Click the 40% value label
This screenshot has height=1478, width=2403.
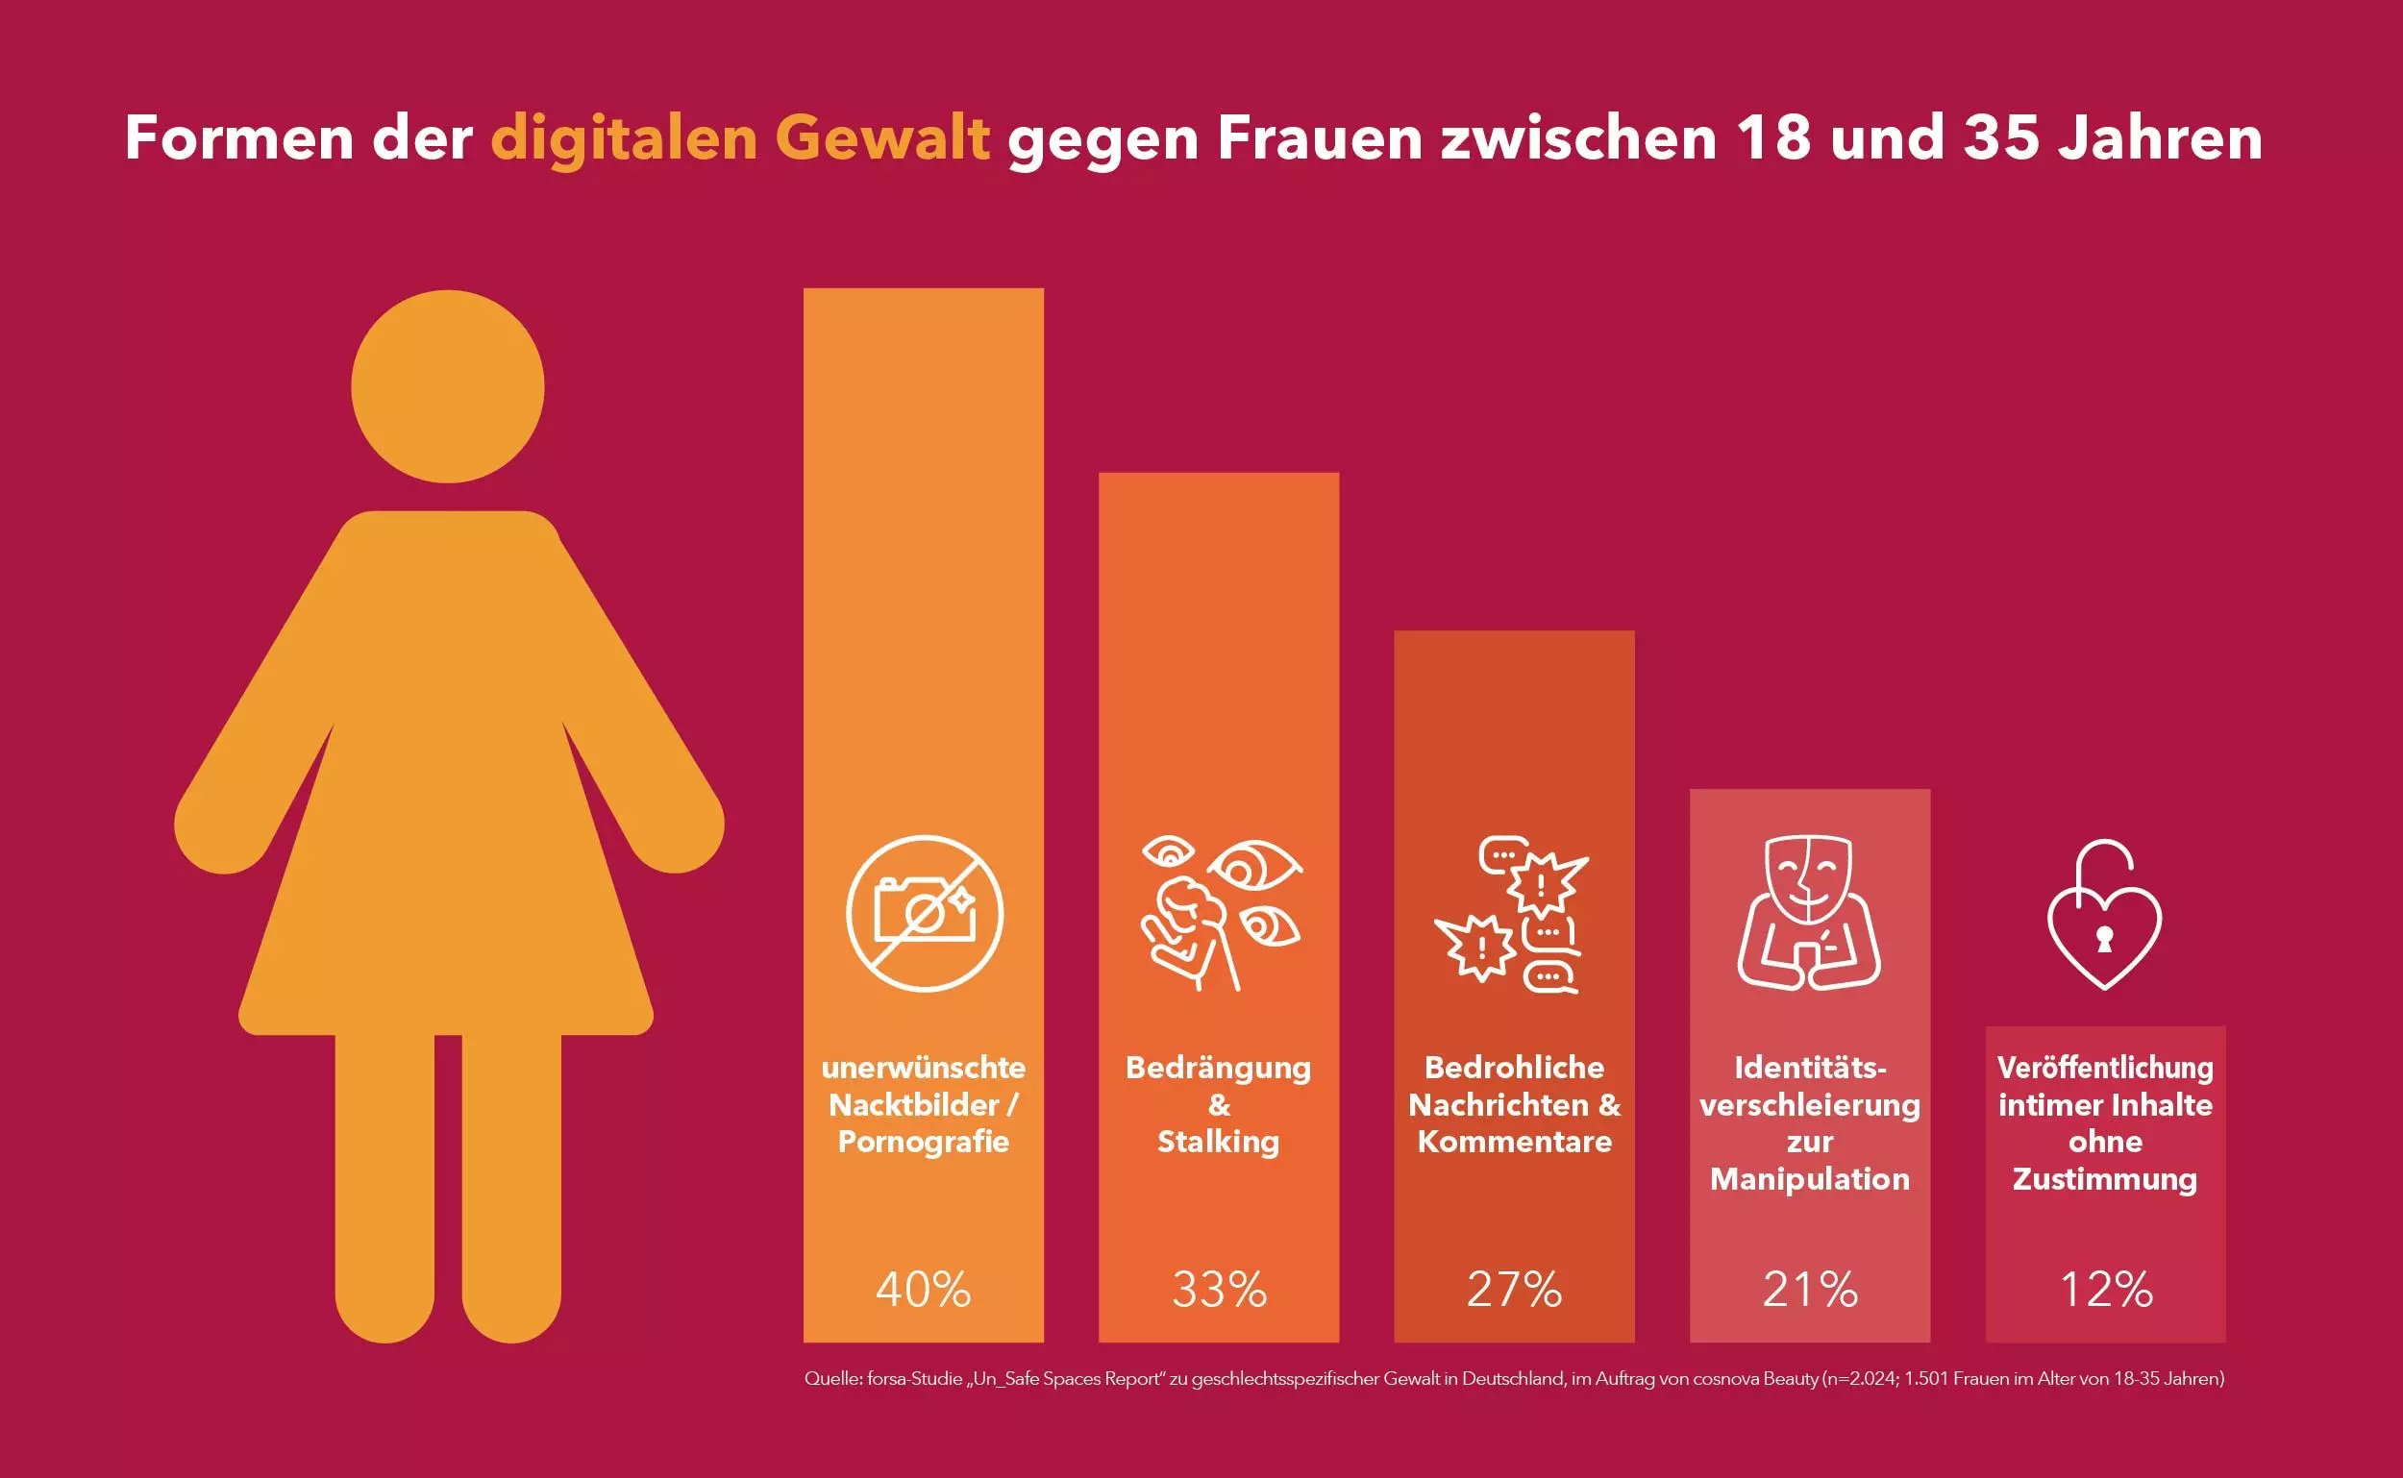(x=923, y=1290)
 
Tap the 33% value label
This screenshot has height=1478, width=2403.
(x=1219, y=1290)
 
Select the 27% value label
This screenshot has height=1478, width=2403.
(x=1514, y=1290)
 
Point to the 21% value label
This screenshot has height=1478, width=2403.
(x=1810, y=1290)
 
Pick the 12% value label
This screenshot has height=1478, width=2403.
(x=2106, y=1290)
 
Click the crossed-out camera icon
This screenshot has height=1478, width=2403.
(x=924, y=914)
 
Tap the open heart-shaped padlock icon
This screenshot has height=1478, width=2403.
(x=2105, y=917)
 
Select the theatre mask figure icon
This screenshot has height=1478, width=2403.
(x=1809, y=912)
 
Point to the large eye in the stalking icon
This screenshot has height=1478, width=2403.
(x=1255, y=866)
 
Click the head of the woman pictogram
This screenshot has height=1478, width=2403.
(x=448, y=386)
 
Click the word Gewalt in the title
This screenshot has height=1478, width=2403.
(x=881, y=137)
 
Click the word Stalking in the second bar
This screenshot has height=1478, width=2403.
(x=1218, y=1142)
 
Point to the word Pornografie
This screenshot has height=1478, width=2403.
(x=923, y=1142)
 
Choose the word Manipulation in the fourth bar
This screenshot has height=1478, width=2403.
(x=1810, y=1179)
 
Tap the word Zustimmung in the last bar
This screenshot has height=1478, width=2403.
(x=2105, y=1179)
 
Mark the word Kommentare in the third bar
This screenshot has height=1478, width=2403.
(x=1514, y=1142)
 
